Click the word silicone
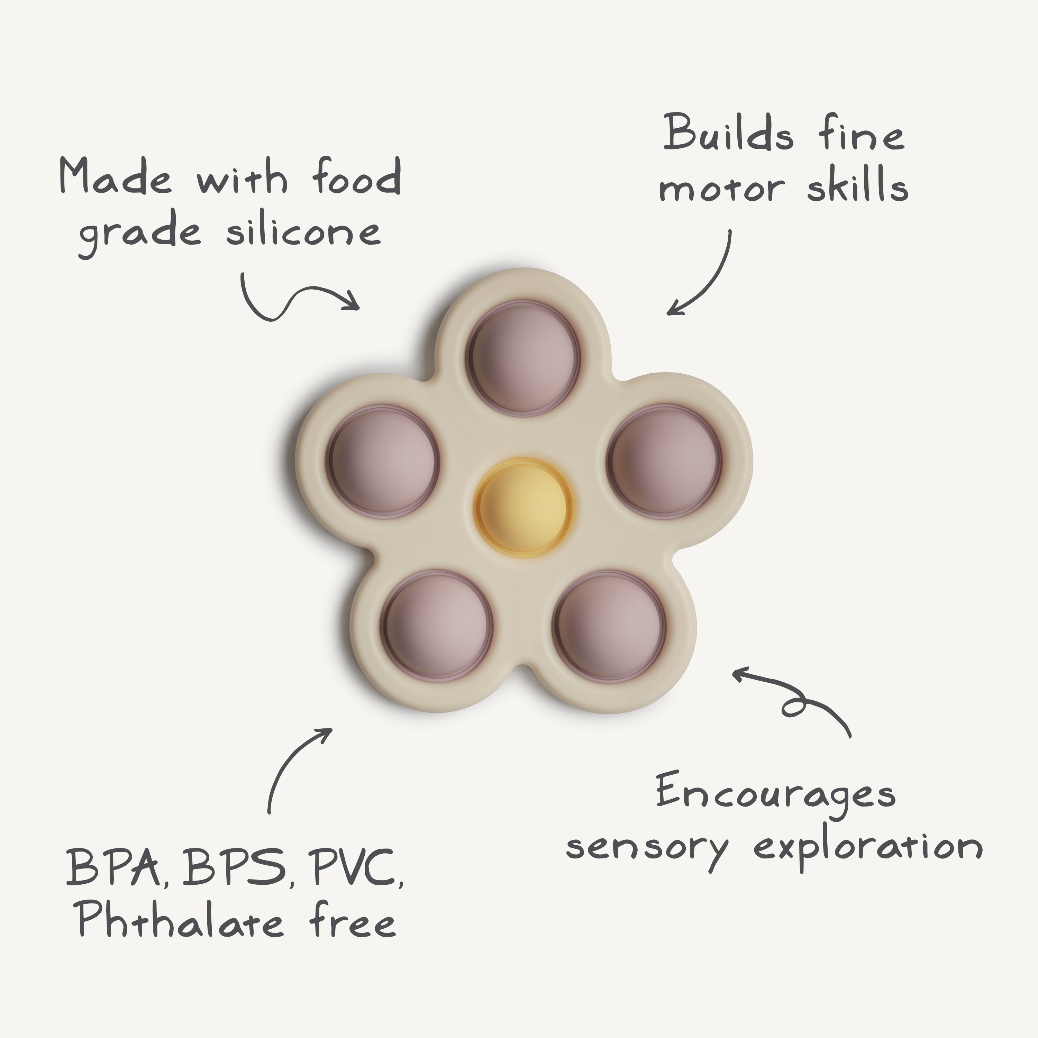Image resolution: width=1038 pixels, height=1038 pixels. point(303,232)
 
